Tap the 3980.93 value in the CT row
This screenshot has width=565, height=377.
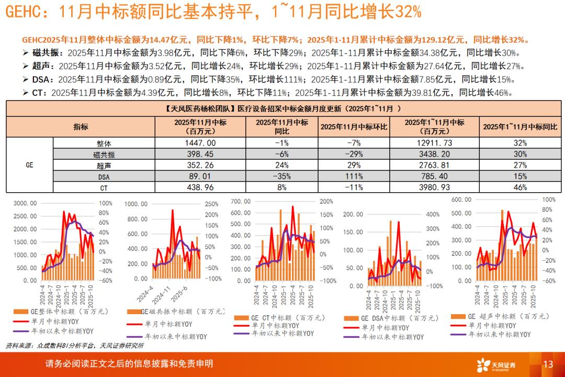pyautogui.click(x=434, y=187)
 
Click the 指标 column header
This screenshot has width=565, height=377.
pyautogui.click(x=81, y=127)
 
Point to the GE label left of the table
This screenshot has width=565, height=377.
pyautogui.click(x=29, y=164)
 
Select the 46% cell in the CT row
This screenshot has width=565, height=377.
pyautogui.click(x=520, y=187)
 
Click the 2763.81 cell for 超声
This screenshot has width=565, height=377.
pyautogui.click(x=434, y=164)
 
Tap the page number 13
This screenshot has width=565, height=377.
pyautogui.click(x=548, y=364)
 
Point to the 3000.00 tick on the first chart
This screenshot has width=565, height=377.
pyautogui.click(x=25, y=203)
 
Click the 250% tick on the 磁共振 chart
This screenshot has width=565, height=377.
pyautogui.click(x=210, y=204)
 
